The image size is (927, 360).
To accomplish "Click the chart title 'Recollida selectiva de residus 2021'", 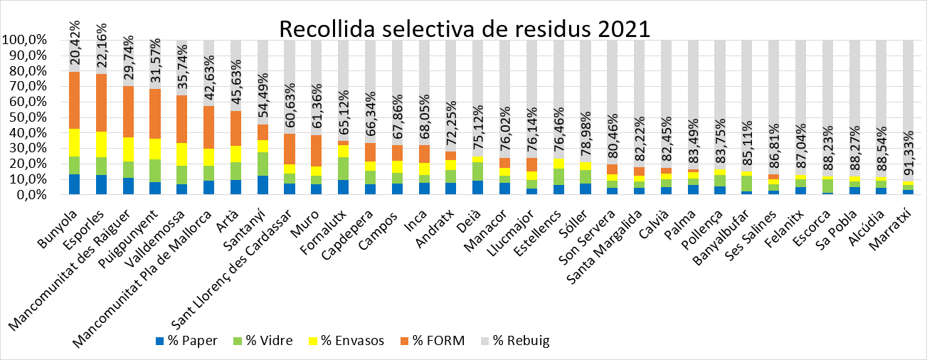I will (464, 29).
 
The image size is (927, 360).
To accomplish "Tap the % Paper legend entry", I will (187, 340).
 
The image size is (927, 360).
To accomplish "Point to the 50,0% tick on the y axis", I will (26, 117).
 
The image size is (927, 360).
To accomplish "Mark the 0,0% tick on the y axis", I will (28, 194).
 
